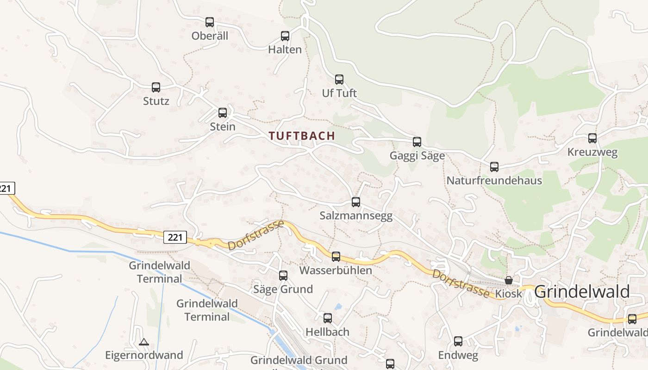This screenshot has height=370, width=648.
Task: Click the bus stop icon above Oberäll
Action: pyautogui.click(x=210, y=22)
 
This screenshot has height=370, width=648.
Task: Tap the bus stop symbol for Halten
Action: pyautogui.click(x=285, y=36)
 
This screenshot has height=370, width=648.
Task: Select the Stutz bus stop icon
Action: pyautogui.click(x=156, y=87)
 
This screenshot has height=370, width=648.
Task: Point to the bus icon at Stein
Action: pyautogui.click(x=223, y=113)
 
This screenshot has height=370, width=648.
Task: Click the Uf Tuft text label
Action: pyautogui.click(x=339, y=93)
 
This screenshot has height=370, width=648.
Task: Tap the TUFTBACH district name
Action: pyautogui.click(x=302, y=136)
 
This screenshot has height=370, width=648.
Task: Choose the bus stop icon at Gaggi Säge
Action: pyautogui.click(x=417, y=142)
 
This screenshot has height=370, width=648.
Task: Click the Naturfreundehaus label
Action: pyautogui.click(x=494, y=180)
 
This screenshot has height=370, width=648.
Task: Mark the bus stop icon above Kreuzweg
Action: pyautogui.click(x=592, y=138)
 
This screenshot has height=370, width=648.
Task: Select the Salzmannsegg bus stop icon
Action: pyautogui.click(x=356, y=202)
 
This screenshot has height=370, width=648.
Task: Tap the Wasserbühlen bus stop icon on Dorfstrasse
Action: pyautogui.click(x=336, y=256)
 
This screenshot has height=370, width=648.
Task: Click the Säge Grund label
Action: pyautogui.click(x=283, y=290)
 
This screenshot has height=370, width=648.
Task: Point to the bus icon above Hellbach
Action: pyautogui.click(x=328, y=318)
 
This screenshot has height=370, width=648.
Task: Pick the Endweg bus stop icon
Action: pyautogui.click(x=458, y=341)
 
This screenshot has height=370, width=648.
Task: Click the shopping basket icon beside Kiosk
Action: pyautogui.click(x=509, y=280)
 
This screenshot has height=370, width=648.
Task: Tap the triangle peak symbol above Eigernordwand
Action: pyautogui.click(x=144, y=342)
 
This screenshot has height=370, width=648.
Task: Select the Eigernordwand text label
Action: pyautogui.click(x=144, y=356)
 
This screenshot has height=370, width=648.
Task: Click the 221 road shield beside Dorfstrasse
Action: pyautogui.click(x=175, y=238)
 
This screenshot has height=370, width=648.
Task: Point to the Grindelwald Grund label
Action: pyautogui.click(x=299, y=360)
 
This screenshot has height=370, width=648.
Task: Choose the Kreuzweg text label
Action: pyautogui.click(x=592, y=153)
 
